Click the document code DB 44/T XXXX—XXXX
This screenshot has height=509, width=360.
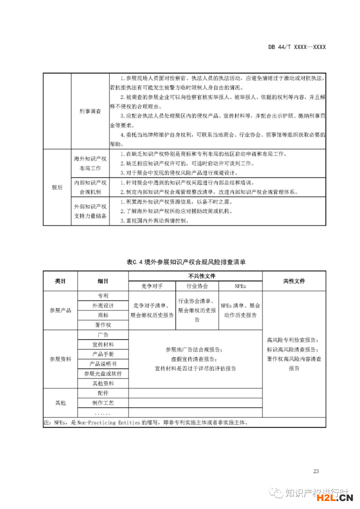[297, 47]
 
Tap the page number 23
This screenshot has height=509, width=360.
[315, 470]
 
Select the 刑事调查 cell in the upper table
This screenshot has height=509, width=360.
[90, 111]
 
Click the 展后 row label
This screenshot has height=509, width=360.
[57, 187]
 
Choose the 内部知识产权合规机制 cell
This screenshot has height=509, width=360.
[90, 187]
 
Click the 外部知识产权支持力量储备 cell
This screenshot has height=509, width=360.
[90, 211]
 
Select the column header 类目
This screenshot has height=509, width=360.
[60, 281]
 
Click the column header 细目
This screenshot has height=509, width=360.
[103, 281]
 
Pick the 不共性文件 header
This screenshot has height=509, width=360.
[195, 276]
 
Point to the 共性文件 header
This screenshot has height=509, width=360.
[294, 281]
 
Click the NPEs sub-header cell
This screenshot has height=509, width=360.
[240, 286]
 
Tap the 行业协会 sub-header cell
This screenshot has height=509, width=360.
[197, 286]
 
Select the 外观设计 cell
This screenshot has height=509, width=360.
[103, 305]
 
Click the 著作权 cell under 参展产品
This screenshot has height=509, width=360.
[103, 325]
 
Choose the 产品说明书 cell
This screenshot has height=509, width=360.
[103, 363]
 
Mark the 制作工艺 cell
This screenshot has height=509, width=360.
[103, 402]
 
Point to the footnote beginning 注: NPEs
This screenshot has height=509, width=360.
[145, 422]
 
